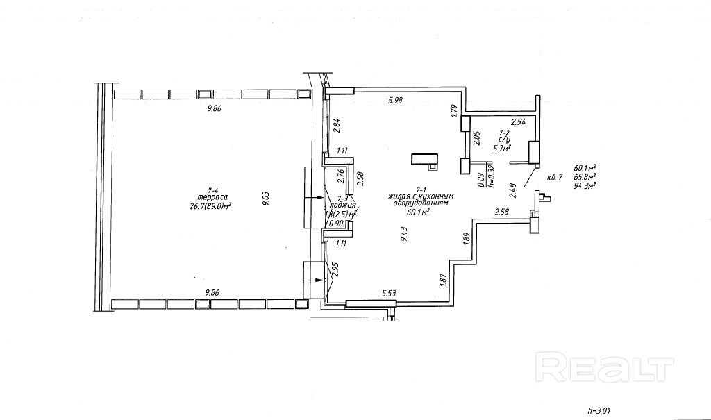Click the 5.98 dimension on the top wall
tap(395, 101)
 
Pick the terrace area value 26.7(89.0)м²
tap(210, 206)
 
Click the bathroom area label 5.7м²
tap(501, 147)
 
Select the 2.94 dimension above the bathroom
tap(519, 122)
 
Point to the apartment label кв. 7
tap(554, 177)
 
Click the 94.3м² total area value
tap(586, 185)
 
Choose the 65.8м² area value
tap(586, 176)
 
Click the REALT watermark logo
tap(606, 365)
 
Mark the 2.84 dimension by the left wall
tap(337, 125)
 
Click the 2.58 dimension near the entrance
tap(503, 211)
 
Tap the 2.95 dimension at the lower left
tap(337, 271)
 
